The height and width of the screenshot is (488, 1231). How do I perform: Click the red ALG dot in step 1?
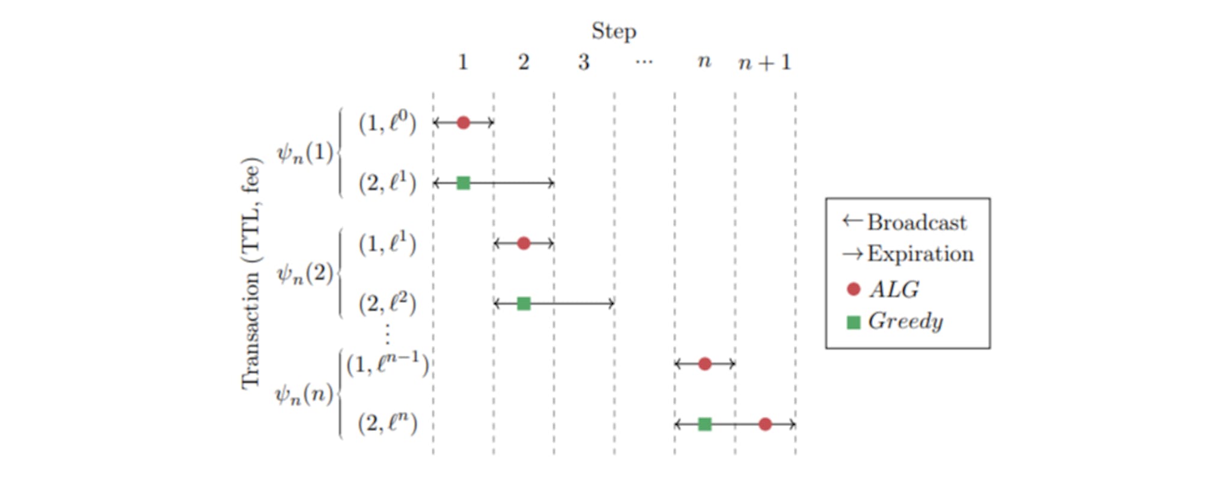tap(463, 123)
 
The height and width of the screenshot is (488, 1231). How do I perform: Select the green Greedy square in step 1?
tap(463, 183)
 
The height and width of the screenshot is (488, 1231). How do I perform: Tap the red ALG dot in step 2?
tap(524, 243)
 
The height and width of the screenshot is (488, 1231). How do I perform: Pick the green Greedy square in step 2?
tap(524, 303)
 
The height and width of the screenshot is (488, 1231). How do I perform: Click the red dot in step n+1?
tap(765, 424)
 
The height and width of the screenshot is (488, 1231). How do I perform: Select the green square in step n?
tap(704, 424)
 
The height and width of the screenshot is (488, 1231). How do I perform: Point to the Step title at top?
tap(614, 31)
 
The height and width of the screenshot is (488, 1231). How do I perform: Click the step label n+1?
tap(765, 63)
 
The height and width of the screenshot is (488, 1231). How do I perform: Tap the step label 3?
tap(584, 63)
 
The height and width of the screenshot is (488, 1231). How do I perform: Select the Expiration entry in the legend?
tap(908, 254)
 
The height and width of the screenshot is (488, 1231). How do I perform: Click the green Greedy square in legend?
tap(853, 323)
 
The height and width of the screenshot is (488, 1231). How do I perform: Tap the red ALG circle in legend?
tap(853, 290)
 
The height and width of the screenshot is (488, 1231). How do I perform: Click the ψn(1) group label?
tap(305, 153)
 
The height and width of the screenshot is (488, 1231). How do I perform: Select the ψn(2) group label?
tap(305, 274)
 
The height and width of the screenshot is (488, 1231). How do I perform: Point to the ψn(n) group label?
tap(304, 395)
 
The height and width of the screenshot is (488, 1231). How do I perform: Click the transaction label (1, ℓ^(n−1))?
tap(387, 364)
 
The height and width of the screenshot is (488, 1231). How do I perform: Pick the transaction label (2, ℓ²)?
tap(387, 303)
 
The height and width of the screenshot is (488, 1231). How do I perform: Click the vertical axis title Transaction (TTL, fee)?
tap(251, 273)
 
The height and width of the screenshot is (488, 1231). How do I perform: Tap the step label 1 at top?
tap(463, 63)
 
